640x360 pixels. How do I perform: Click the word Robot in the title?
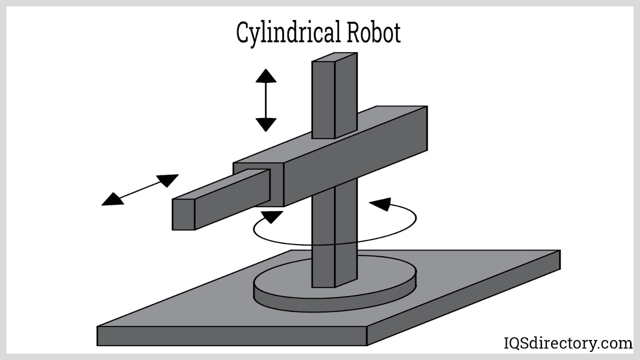coord(373,33)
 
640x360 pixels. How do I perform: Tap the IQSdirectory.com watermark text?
coord(568,343)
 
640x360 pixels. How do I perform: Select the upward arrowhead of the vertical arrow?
coord(266,76)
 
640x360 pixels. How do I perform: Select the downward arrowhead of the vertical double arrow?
coord(266,124)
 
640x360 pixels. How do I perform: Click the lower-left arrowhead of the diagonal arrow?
coord(112,200)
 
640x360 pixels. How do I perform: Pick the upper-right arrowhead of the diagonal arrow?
coord(168,180)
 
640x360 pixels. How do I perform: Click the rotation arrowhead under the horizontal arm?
coord(272,216)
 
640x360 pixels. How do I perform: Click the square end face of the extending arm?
coord(183,214)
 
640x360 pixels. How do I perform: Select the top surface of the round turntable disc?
coord(288,280)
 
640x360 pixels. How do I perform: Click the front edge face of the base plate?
coord(232,336)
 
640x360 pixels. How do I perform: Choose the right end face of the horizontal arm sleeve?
coord(427,128)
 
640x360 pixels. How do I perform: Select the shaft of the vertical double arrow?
coord(266,100)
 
